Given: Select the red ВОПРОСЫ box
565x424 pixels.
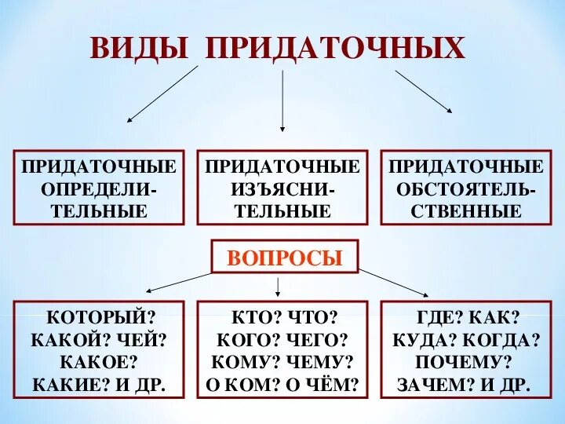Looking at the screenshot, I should coord(284,257).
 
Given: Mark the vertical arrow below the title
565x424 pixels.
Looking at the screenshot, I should coord(282,98).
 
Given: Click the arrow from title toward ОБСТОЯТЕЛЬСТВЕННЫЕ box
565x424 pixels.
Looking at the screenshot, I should coord(424,92).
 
